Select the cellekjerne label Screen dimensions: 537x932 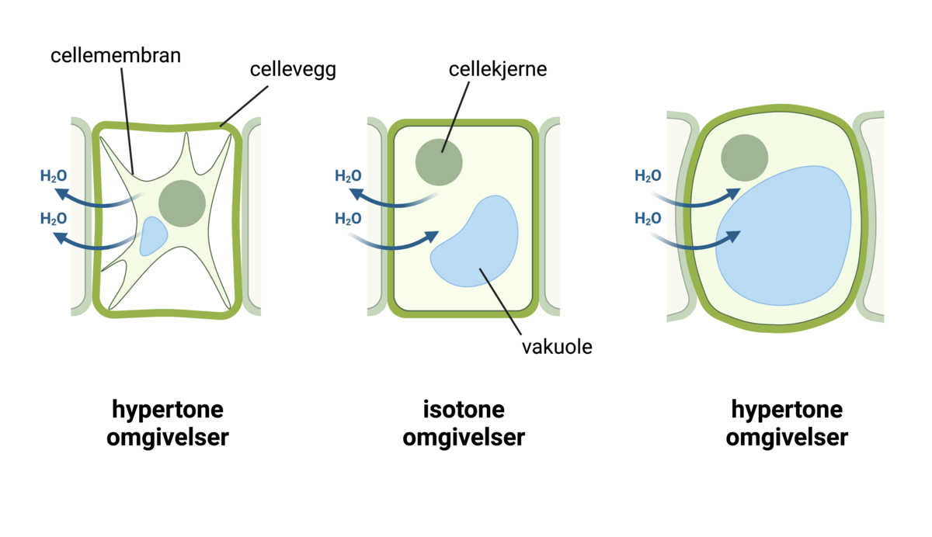click(498, 69)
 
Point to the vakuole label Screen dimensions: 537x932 click(557, 346)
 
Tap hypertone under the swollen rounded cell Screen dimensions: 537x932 click(787, 409)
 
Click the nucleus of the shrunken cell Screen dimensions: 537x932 click(182, 203)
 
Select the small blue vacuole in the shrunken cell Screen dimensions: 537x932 click(152, 236)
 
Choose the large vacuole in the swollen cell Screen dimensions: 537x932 click(784, 237)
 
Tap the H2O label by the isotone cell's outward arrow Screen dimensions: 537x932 click(348, 176)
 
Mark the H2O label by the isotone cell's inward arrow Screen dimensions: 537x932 click(348, 219)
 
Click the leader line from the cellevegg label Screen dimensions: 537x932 click(245, 104)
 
